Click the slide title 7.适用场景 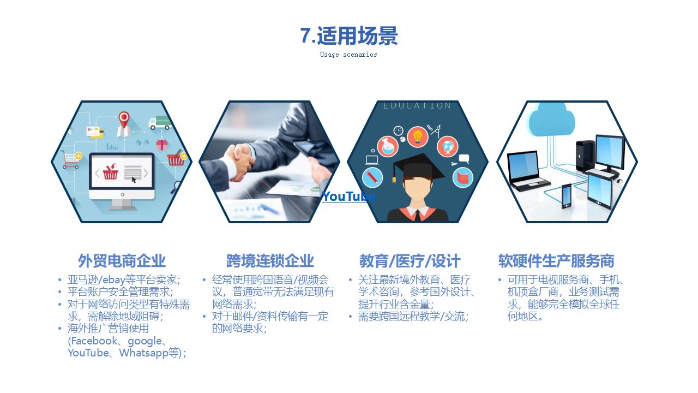click(349, 35)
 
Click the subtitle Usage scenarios click(348, 55)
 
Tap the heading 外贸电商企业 click(122, 261)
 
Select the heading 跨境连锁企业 click(270, 261)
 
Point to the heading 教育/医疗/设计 click(410, 261)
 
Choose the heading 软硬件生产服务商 click(556, 261)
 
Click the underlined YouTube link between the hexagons click(348, 196)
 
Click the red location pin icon click(124, 124)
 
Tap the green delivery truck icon click(160, 123)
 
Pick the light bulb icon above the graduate click(417, 136)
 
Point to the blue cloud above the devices click(551, 120)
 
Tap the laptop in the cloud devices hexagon click(527, 171)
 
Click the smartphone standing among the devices click(567, 196)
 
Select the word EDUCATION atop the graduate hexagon click(417, 106)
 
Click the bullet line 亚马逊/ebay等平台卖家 click(124, 279)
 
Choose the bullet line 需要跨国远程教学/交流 click(413, 316)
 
